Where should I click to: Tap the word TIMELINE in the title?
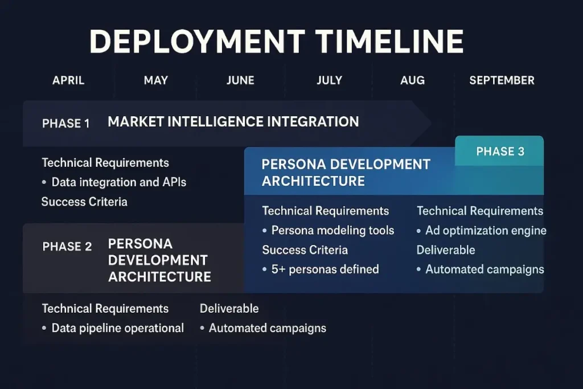tap(389, 42)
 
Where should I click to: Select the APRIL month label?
tap(68, 80)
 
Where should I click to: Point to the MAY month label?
tap(155, 80)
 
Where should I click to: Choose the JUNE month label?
tap(240, 80)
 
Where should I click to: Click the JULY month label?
tap(329, 80)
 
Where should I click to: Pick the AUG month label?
tap(412, 80)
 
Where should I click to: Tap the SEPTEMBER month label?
tap(502, 80)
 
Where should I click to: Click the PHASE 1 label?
tap(66, 123)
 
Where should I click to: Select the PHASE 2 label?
tap(67, 247)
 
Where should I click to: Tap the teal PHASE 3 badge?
tap(500, 151)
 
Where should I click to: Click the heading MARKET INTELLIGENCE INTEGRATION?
tap(233, 121)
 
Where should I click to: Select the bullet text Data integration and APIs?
tap(119, 182)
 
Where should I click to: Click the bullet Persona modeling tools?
tap(332, 231)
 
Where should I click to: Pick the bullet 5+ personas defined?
tap(325, 269)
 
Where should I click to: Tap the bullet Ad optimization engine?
tap(486, 231)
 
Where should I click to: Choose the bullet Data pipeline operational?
tap(117, 328)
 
